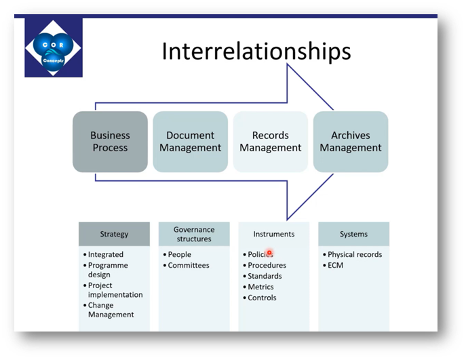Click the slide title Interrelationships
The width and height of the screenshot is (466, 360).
256,51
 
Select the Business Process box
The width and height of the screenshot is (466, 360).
110,142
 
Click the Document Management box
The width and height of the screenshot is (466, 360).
190,142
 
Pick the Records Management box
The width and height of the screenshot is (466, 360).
270,142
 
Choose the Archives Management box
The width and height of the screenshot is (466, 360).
350,142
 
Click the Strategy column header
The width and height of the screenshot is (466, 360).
114,234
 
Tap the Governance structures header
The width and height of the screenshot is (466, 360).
193,234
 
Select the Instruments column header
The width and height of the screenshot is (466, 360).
273,234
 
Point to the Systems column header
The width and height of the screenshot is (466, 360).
353,234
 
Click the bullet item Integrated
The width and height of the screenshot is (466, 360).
105,254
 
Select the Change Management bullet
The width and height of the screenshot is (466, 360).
111,310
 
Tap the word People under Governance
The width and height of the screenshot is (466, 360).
180,254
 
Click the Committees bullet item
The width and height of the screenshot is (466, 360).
189,265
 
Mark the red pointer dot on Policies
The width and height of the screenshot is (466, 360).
269,254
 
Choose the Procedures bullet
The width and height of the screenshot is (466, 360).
267,265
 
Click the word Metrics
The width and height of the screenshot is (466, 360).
261,287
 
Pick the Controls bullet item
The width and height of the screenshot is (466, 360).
262,298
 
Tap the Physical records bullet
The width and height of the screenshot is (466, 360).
355,254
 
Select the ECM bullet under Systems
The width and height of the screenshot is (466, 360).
336,265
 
